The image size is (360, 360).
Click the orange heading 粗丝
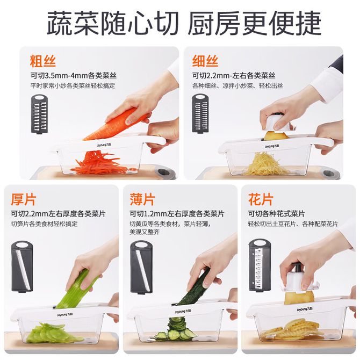[42, 61]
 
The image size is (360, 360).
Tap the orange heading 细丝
[205, 61]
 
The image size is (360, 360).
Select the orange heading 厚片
[24, 199]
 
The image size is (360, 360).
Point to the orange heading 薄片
[142, 199]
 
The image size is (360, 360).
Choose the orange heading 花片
[261, 199]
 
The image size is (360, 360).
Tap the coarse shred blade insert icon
[39, 114]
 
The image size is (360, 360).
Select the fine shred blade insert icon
[200, 114]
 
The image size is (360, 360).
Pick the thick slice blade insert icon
[22, 267]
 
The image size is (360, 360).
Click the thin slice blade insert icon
[141, 267]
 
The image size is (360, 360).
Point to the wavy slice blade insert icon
[260, 265]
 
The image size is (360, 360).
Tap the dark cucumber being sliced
[195, 287]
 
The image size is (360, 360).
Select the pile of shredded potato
[264, 163]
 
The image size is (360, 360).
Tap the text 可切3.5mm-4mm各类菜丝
[74, 75]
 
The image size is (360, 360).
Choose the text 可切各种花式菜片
[276, 213]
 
